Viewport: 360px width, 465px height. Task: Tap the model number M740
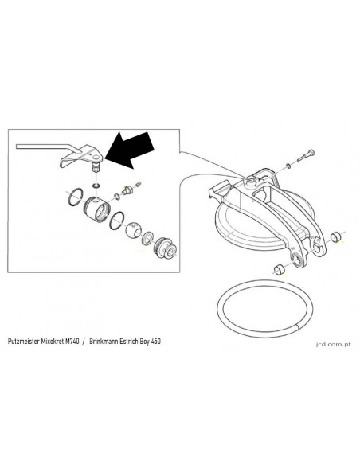72,342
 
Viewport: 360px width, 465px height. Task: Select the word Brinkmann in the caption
104,342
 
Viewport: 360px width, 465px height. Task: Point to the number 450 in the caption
155,342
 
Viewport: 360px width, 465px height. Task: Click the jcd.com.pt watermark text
334,344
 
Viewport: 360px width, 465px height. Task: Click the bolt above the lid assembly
306,156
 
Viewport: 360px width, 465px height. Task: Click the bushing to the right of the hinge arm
336,237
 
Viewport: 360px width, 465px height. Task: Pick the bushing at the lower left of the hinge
279,269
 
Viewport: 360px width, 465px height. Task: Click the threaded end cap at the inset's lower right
166,248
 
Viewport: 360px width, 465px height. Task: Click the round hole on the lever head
96,156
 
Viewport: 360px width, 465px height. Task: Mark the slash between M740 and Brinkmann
84,342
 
